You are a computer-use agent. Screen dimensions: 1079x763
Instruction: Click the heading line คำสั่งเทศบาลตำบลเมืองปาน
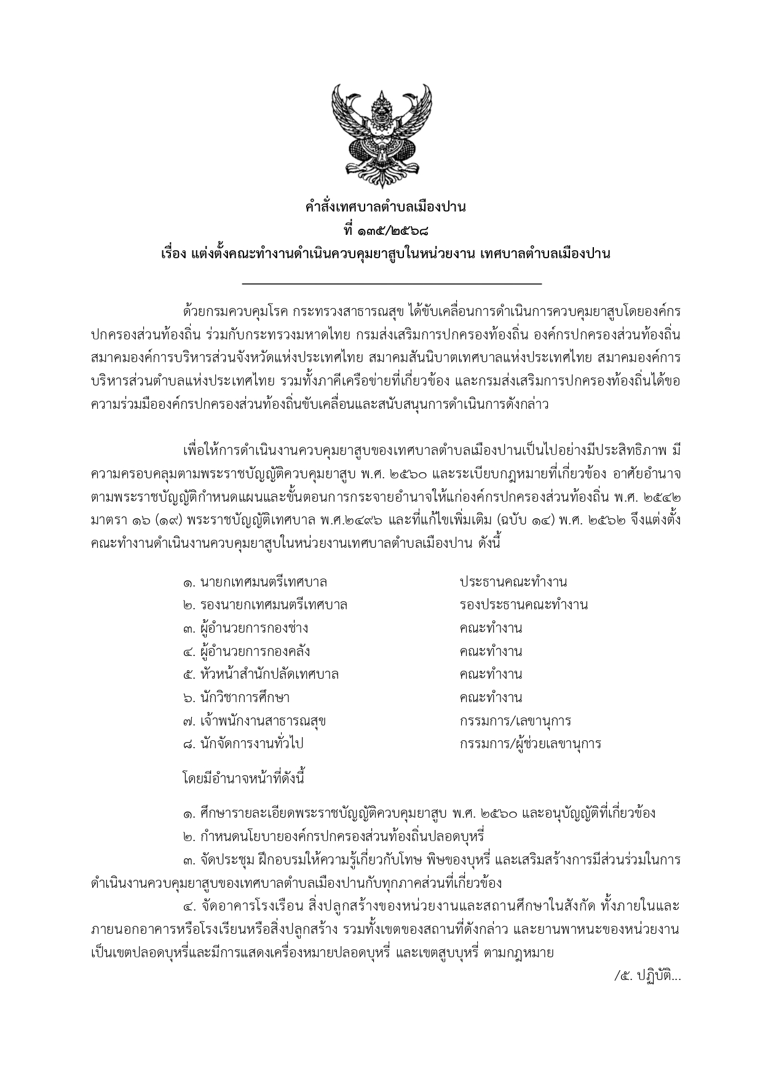click(x=385, y=207)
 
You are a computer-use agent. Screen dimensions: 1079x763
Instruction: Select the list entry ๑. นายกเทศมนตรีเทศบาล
click(x=255, y=582)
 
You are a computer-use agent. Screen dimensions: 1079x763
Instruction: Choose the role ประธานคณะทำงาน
click(x=513, y=582)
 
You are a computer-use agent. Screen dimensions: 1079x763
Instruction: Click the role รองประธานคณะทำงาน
click(x=523, y=605)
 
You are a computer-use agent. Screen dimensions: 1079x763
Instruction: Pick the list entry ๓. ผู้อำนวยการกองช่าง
click(x=245, y=628)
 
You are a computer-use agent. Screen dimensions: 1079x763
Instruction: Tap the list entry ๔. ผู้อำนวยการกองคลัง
click(x=246, y=652)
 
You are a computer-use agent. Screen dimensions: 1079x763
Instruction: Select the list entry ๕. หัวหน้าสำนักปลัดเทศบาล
click(x=261, y=674)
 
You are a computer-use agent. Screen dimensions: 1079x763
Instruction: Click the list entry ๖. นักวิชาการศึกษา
click(x=236, y=698)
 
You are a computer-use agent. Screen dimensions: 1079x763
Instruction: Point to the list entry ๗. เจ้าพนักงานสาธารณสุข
click(x=254, y=721)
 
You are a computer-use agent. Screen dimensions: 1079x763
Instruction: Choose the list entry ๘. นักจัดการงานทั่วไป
click(x=243, y=744)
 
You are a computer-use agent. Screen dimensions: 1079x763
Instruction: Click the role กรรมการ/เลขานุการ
click(x=515, y=721)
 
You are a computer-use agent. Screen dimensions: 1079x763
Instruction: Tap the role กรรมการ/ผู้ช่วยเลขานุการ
click(x=530, y=744)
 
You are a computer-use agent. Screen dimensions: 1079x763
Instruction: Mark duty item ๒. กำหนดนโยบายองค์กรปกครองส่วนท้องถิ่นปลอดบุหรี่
click(x=334, y=837)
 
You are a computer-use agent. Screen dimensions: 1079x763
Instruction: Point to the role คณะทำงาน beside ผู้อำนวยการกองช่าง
click(x=491, y=628)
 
